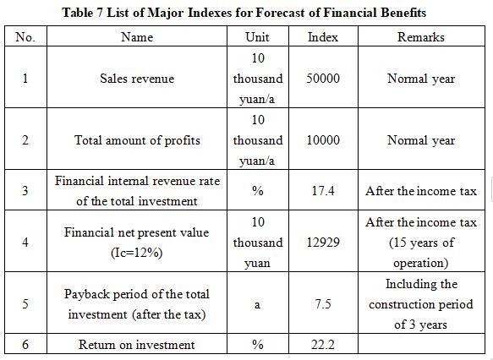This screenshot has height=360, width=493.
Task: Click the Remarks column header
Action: tap(420, 37)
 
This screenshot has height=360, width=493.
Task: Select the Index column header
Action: tap(323, 37)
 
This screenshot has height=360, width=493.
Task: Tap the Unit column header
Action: tap(257, 37)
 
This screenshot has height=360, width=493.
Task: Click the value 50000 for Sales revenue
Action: tap(323, 79)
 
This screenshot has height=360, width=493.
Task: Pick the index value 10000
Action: tap(323, 140)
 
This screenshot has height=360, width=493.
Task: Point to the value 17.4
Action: tap(323, 191)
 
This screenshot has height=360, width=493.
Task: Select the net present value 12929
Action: tap(323, 243)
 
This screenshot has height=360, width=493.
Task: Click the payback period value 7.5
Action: tap(323, 303)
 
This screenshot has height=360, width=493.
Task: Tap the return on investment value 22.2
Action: tap(323, 345)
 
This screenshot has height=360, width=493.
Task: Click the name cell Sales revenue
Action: tap(137, 79)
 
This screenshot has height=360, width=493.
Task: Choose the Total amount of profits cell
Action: tap(137, 140)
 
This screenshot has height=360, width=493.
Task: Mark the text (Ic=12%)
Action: tap(137, 253)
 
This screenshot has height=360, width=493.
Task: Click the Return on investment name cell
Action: tap(137, 345)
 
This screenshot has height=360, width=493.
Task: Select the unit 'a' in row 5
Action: tap(257, 304)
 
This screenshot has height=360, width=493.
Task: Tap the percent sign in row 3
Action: tap(258, 191)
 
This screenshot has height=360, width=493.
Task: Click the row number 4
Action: tap(25, 243)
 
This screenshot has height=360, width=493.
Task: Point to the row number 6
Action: tap(25, 345)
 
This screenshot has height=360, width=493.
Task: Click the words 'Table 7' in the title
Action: tap(82, 13)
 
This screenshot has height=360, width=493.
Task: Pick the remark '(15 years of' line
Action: tap(421, 243)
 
